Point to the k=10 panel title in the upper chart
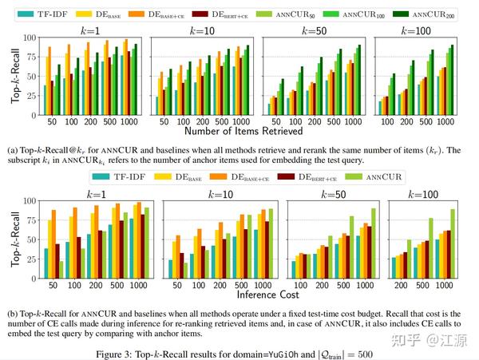point(201,30)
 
